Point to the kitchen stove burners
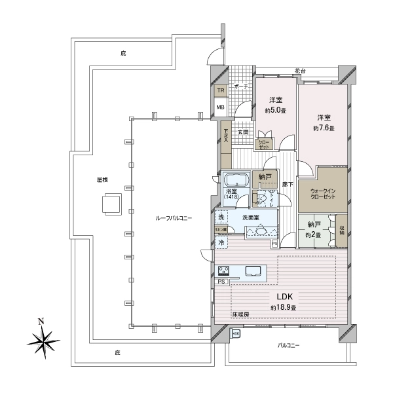(223, 271)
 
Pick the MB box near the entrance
(221, 108)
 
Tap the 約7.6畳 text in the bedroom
(324, 128)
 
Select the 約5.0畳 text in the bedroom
(275, 110)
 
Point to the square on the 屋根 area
(110, 205)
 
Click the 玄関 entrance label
(242, 132)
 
